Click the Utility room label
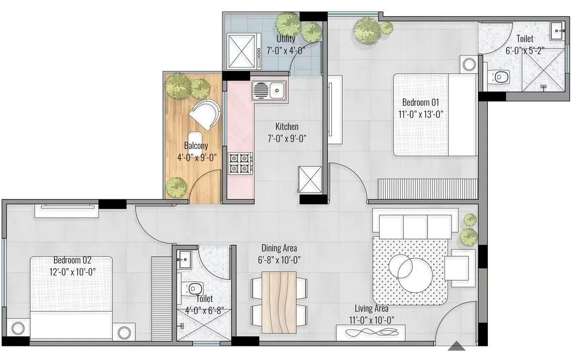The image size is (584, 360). coord(285,39)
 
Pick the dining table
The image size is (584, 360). coord(279,302)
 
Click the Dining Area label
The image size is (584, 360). coord(279,248)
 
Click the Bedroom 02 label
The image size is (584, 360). coord(72,260)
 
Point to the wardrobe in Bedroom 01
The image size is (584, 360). coord(426,188)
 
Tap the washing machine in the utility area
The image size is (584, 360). coord(243,51)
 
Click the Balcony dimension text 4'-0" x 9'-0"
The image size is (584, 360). coord(196,157)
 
